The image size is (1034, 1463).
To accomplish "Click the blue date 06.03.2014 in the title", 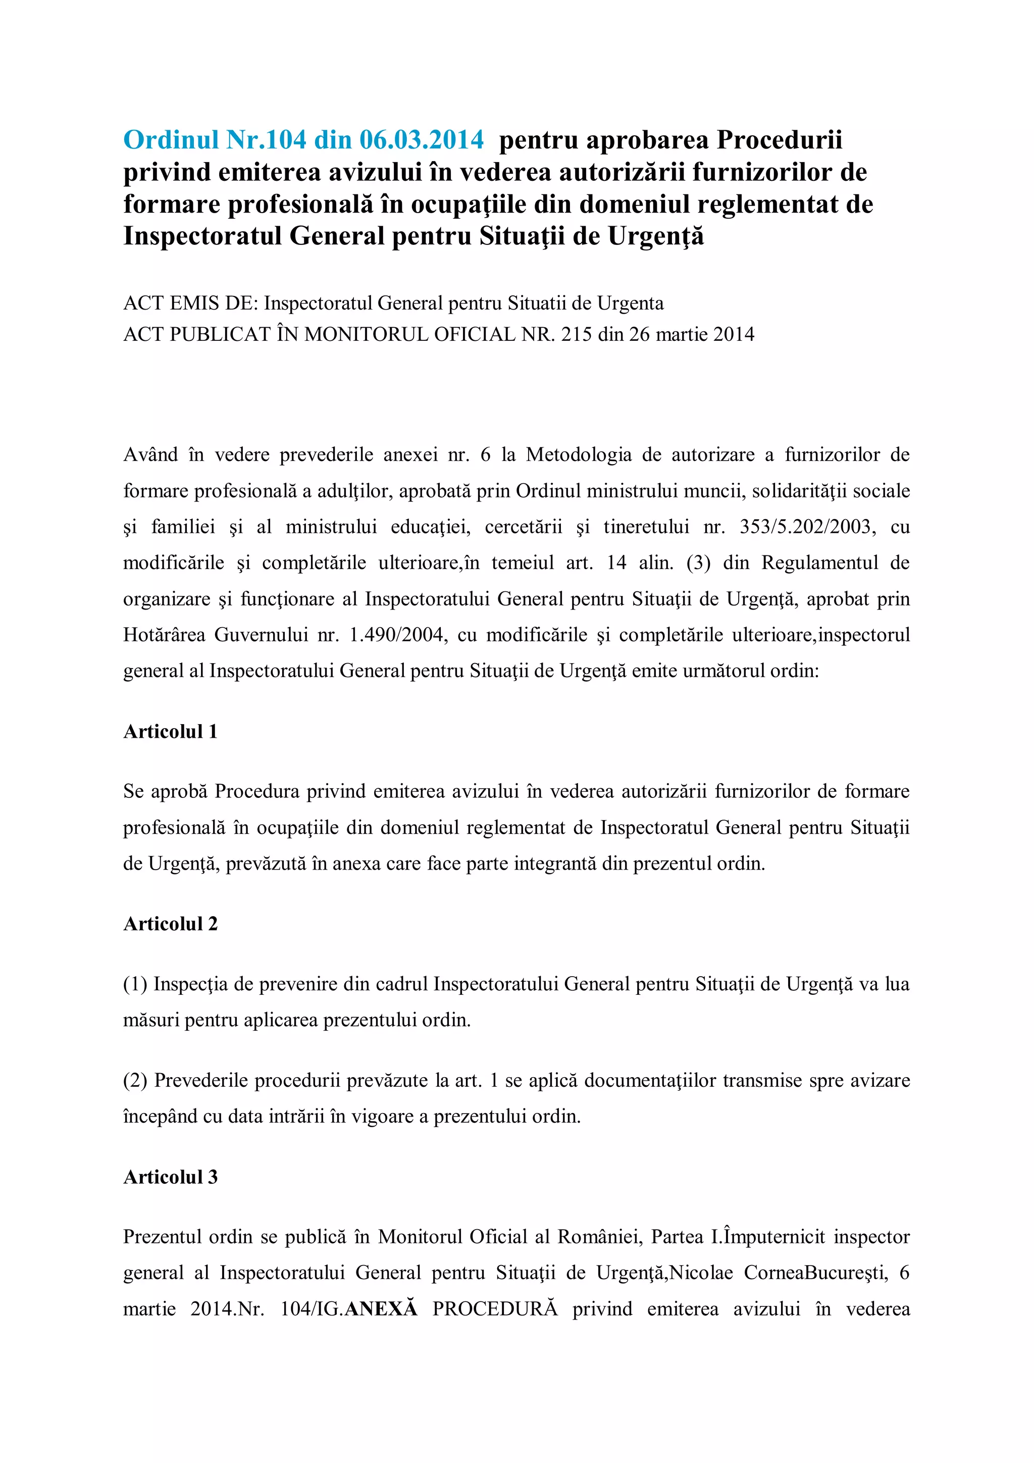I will tap(421, 139).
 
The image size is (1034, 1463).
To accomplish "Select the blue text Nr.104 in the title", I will tap(265, 139).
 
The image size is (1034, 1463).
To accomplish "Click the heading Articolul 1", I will tap(170, 731).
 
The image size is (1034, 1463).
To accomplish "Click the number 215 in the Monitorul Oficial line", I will tap(576, 334).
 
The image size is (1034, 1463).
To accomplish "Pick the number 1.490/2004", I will tap(397, 635).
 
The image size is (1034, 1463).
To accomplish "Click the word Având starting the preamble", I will tap(150, 455).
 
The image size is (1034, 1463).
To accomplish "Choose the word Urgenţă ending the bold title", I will tap(655, 236).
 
